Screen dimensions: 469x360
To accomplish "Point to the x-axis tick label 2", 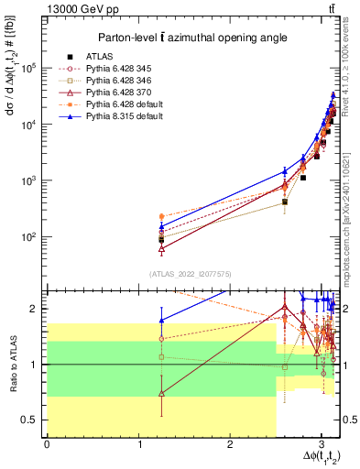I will coord(230,445).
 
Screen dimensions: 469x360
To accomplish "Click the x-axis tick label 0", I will coord(47,445).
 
